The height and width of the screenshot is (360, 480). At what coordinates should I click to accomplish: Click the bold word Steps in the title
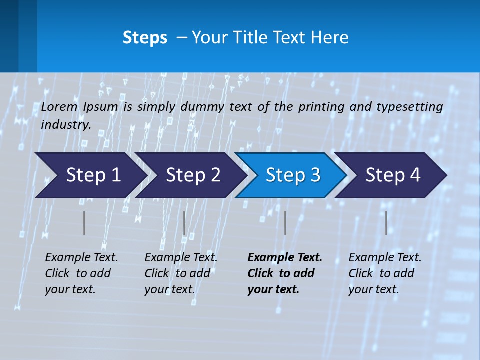click(x=145, y=38)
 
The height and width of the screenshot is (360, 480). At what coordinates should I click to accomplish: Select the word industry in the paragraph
click(x=65, y=124)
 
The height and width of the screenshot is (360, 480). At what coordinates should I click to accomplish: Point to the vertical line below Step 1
click(x=84, y=223)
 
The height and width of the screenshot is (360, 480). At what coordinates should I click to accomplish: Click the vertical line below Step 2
click(x=184, y=223)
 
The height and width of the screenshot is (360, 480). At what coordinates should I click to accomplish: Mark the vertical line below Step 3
click(x=285, y=223)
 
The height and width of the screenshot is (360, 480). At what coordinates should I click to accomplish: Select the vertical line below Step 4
click(x=386, y=223)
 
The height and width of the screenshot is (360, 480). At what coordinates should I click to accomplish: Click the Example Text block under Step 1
click(x=81, y=273)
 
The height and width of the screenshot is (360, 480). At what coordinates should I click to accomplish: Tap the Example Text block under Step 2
click(x=180, y=273)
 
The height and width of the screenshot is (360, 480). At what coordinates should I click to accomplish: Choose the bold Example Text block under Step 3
click(x=284, y=273)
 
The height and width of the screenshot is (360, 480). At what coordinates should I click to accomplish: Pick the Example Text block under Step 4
click(x=384, y=273)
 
